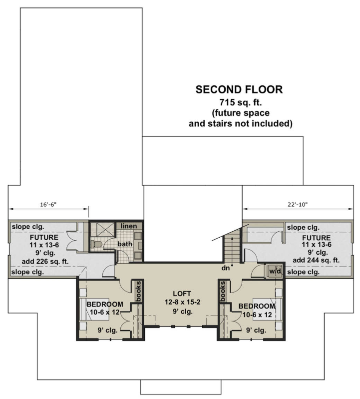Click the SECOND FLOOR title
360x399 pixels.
point(239,89)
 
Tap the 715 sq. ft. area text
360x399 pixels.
point(241,102)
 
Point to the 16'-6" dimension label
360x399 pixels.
point(48,204)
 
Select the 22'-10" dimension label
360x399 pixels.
point(298,204)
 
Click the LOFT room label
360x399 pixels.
point(182,294)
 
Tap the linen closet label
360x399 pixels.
point(129,226)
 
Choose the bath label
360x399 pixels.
point(125,244)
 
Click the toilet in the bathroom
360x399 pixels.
point(97,244)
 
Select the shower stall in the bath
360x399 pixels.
point(102,230)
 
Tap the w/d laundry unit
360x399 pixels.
point(275,271)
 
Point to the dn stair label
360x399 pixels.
point(225,268)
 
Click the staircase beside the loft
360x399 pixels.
point(232,248)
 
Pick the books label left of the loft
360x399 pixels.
point(139,291)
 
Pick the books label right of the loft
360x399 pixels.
point(223,291)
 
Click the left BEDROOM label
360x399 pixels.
point(105,304)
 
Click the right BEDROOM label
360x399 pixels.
point(257,306)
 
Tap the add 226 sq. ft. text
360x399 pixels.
point(45,261)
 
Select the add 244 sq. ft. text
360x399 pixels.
point(316,260)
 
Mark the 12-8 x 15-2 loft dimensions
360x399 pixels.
point(182,302)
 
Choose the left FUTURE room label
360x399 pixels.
point(44,237)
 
